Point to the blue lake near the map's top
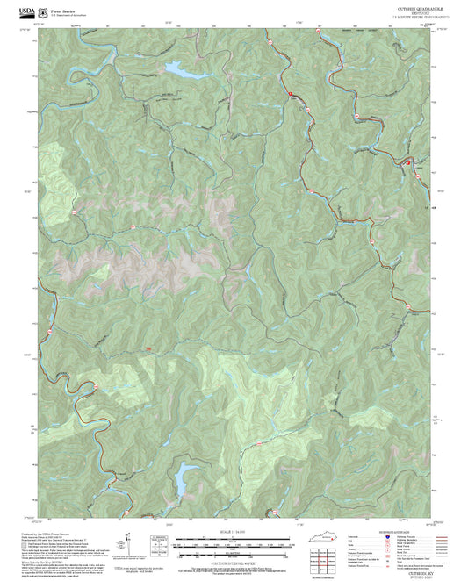(174, 68)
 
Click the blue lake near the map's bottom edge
(184, 477)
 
